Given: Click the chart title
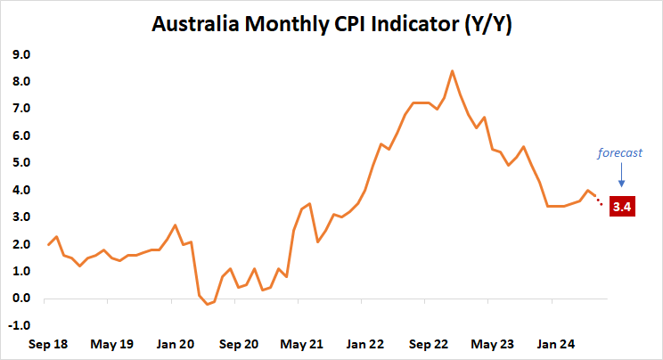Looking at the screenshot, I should coord(331,24).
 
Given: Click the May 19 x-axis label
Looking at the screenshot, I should coord(114,343).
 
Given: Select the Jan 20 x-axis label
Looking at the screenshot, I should coord(176,343).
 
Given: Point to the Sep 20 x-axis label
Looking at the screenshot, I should coord(239,343).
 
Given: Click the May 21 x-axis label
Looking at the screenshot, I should coord(301,343).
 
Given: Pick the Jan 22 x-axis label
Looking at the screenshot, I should coord(364,343).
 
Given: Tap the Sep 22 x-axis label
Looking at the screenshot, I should coord(427,343).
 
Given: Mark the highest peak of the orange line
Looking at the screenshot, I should coord(452,70).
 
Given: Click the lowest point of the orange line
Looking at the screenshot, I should coord(207,304).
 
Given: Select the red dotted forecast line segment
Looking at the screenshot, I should coord(600,201).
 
